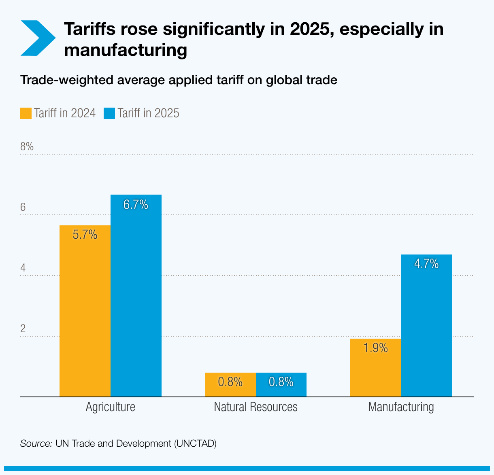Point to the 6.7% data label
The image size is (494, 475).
click(136, 205)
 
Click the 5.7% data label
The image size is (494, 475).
click(85, 235)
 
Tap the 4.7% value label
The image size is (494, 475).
click(426, 264)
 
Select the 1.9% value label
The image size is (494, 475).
click(375, 348)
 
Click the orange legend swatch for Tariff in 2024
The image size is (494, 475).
click(26, 113)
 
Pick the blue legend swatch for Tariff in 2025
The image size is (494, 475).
click(109, 113)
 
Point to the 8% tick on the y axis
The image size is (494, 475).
click(27, 146)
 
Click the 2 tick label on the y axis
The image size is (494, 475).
click(23, 328)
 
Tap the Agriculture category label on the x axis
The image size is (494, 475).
click(111, 407)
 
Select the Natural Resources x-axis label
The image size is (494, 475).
click(256, 407)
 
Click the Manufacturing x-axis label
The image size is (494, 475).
click(401, 407)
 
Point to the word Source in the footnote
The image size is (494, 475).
click(36, 443)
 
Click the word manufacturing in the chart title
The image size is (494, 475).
click(126, 50)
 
